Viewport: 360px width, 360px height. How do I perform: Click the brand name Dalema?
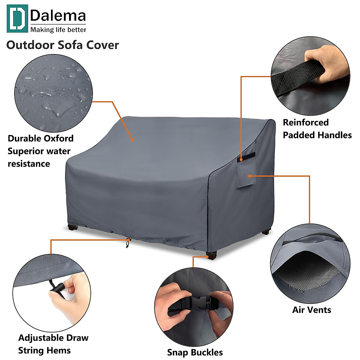click(x=58, y=16)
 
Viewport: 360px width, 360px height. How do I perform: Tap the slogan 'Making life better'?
click(x=58, y=30)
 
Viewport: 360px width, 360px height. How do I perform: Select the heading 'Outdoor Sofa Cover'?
click(x=63, y=45)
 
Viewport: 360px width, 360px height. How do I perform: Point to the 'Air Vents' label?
click(x=312, y=310)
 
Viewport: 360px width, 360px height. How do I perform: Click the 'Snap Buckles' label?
click(x=195, y=352)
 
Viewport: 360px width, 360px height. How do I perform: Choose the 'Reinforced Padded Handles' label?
click(x=317, y=129)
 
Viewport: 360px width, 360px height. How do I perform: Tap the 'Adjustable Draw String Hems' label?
click(x=53, y=344)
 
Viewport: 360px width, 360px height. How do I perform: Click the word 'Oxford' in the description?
click(x=58, y=138)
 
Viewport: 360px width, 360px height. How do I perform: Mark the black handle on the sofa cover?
click(x=247, y=157)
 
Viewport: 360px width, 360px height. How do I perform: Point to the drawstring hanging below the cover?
click(x=128, y=243)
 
